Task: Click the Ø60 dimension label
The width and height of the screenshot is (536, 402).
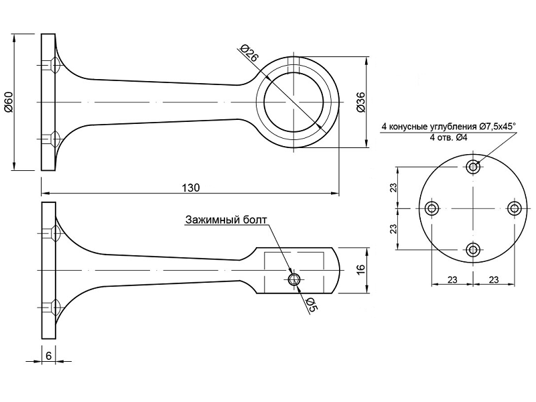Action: pyautogui.click(x=9, y=102)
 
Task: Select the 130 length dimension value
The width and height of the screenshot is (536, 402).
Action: pyautogui.click(x=190, y=188)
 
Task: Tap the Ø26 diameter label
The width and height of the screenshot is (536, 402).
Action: pyautogui.click(x=249, y=53)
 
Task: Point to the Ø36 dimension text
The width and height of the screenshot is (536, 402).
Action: pyautogui.click(x=361, y=102)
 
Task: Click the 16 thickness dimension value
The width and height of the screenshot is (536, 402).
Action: pyautogui.click(x=361, y=270)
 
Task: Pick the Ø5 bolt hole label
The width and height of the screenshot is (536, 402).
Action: pyautogui.click(x=312, y=305)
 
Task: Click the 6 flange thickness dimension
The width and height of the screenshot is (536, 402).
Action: pyautogui.click(x=48, y=356)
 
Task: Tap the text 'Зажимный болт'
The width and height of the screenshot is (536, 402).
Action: pyautogui.click(x=226, y=220)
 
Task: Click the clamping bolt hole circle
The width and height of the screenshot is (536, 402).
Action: pyautogui.click(x=293, y=279)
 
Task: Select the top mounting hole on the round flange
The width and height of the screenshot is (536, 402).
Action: pyautogui.click(x=474, y=166)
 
